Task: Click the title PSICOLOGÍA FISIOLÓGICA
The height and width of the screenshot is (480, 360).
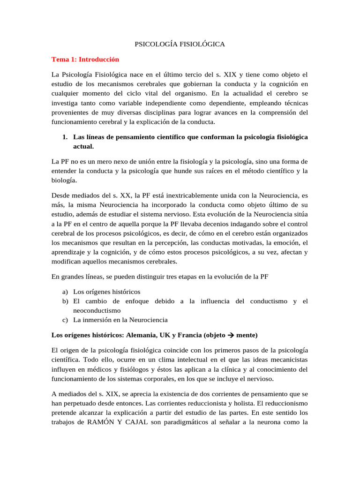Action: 180,44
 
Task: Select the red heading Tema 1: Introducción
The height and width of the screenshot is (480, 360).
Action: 85,60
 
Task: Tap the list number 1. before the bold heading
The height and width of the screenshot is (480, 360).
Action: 65,136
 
